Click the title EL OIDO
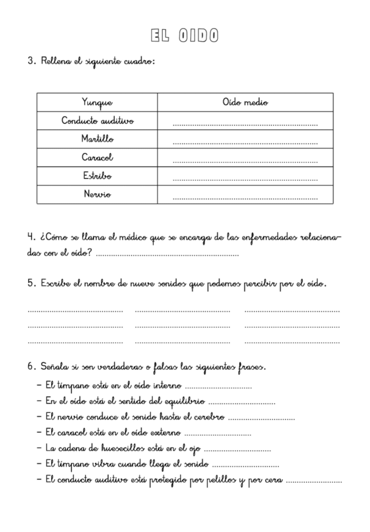pyautogui.click(x=184, y=35)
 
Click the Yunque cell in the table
pyautogui.click(x=97, y=103)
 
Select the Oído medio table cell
pyautogui.click(x=245, y=103)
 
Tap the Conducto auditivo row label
pyautogui.click(x=97, y=121)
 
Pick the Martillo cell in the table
pyautogui.click(x=97, y=139)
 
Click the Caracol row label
pyautogui.click(x=97, y=158)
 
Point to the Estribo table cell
pyautogui.click(x=97, y=176)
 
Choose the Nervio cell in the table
pyautogui.click(x=97, y=194)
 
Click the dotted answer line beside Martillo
pyautogui.click(x=245, y=143)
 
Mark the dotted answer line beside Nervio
pyautogui.click(x=245, y=199)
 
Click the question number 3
pyautogui.click(x=31, y=61)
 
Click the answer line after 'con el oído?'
pyautogui.click(x=168, y=255)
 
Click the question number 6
pyautogui.click(x=31, y=366)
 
